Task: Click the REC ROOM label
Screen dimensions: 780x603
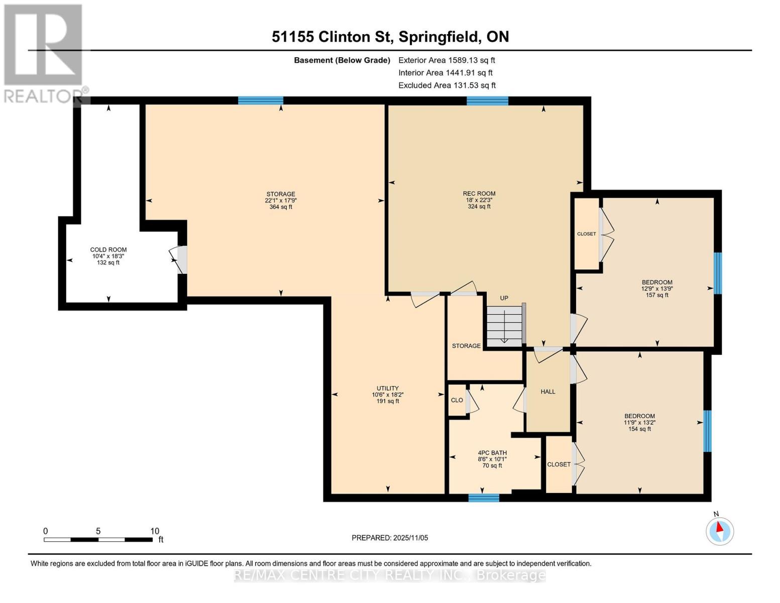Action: point(479,193)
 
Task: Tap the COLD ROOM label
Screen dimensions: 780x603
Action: point(108,250)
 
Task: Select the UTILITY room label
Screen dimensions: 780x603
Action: point(388,388)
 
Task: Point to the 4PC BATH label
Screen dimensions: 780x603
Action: point(492,453)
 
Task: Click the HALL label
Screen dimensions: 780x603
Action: point(548,392)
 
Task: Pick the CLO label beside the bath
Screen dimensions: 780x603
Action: point(457,400)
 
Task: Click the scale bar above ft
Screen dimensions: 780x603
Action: point(98,539)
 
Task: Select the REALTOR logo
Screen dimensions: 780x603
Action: point(44,54)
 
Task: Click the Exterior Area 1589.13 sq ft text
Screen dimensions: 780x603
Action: point(447,60)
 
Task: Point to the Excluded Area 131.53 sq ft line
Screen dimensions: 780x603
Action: point(447,85)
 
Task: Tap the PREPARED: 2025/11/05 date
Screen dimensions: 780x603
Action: point(390,538)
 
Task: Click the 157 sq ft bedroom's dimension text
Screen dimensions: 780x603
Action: point(657,289)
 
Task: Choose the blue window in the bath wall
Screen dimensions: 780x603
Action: point(484,498)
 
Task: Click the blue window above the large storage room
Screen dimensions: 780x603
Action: point(261,100)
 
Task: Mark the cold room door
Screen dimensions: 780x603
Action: point(179,260)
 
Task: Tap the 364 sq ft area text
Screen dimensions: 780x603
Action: point(281,207)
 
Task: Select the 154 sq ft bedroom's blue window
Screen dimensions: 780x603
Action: point(707,431)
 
